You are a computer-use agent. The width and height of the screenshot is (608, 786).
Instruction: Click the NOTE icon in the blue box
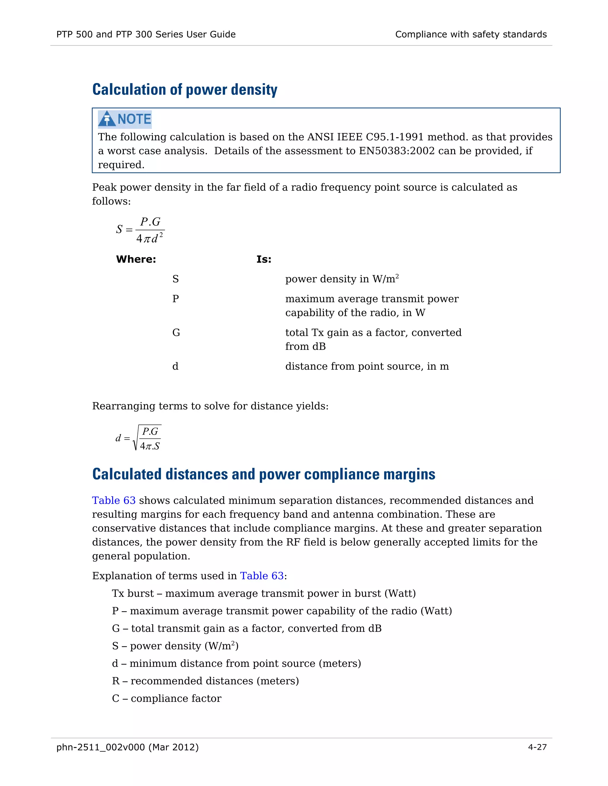[125, 119]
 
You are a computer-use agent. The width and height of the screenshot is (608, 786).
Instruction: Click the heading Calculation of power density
[185, 90]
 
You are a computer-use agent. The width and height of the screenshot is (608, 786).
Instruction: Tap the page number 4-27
[537, 747]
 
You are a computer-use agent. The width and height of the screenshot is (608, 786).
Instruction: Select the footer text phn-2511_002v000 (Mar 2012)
[127, 747]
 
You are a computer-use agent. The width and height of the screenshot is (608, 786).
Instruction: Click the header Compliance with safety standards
[471, 34]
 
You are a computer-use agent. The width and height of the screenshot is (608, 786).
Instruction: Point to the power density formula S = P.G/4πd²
[141, 230]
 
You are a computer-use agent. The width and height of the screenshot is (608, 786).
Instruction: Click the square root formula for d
[139, 438]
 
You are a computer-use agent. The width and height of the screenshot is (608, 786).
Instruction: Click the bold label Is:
[264, 259]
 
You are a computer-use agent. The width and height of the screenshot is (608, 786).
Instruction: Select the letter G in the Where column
[176, 332]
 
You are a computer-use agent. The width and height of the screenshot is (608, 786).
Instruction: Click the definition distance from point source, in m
[367, 366]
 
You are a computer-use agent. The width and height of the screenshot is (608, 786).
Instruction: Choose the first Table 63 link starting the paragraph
[114, 500]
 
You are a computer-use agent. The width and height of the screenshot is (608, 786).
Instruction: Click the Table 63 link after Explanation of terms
[262, 576]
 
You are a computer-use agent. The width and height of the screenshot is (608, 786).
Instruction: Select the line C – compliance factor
[167, 699]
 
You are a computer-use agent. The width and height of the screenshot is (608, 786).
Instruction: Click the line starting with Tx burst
[264, 594]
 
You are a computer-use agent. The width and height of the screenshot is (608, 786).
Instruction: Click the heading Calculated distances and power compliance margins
[264, 474]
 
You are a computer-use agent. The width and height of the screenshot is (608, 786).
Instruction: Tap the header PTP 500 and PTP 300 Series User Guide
[146, 34]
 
